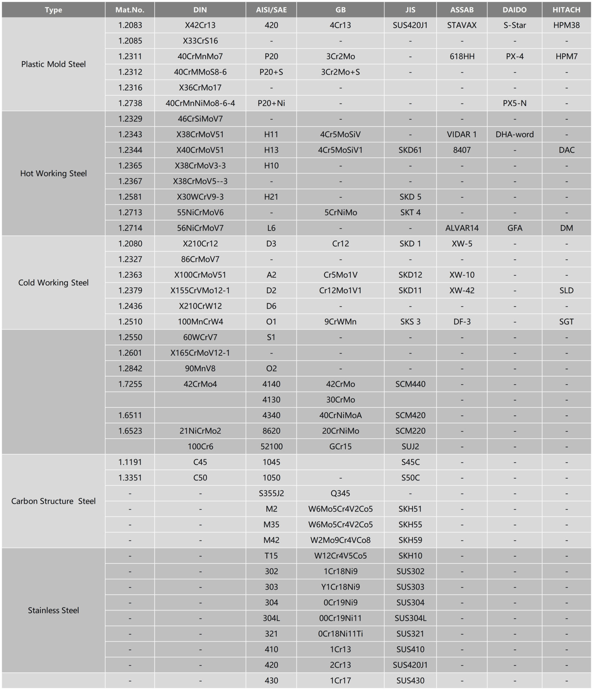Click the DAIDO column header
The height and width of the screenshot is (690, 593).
click(514, 10)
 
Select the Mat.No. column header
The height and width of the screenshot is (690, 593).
click(130, 10)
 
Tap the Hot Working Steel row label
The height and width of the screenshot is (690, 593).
click(53, 173)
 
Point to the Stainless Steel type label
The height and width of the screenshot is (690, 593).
click(53, 610)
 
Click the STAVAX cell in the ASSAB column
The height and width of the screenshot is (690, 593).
click(462, 25)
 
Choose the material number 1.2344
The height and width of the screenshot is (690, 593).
click(130, 150)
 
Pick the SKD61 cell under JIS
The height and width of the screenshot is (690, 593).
click(410, 150)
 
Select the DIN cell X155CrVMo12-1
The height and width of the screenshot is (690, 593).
click(200, 290)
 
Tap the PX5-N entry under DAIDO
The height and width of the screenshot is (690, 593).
click(514, 103)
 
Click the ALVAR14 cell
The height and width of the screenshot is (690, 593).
click(462, 228)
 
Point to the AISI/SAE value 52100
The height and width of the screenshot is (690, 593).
click(271, 446)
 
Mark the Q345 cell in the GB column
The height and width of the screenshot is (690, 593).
click(340, 493)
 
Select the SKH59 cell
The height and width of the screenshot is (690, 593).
click(410, 540)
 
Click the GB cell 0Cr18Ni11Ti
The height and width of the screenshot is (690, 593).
click(340, 634)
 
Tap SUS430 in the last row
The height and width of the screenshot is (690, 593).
click(410, 680)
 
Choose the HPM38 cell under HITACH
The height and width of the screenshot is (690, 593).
click(566, 25)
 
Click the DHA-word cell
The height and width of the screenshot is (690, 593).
click(514, 134)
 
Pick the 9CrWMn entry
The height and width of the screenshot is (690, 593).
click(340, 322)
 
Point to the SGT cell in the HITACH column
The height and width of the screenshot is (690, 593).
click(566, 322)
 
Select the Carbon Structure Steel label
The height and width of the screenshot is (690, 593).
click(53, 501)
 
